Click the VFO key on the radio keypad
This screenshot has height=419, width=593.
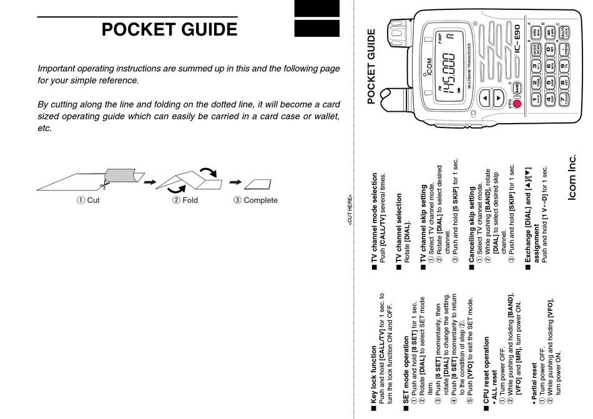click(x=535, y=32)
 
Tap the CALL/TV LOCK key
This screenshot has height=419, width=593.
click(x=564, y=32)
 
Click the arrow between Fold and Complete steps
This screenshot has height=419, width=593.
click(x=235, y=182)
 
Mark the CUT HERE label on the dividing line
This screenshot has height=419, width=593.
click(x=351, y=210)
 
